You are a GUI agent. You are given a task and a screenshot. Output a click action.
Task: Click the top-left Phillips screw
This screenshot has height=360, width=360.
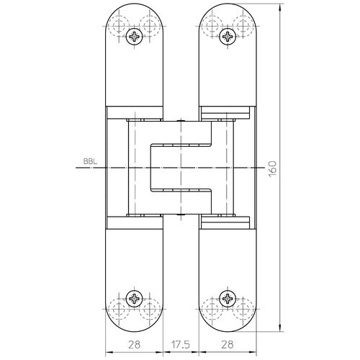(134, 35)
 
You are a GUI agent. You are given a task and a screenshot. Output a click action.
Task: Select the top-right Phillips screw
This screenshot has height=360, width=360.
(227, 35)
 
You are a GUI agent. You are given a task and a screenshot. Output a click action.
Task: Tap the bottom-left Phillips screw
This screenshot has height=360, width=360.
(134, 297)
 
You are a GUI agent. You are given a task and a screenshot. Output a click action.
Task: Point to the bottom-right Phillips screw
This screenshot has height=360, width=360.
(227, 297)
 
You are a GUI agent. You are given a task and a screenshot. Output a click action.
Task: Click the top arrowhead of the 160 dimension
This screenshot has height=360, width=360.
(278, 7)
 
